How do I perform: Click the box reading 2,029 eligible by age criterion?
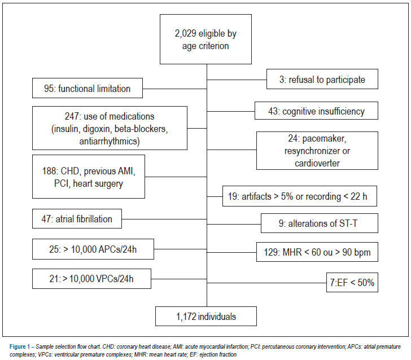[x=205, y=39]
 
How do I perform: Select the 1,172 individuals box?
[x=206, y=317]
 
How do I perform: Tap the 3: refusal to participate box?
[x=322, y=79]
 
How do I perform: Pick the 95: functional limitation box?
[x=88, y=88]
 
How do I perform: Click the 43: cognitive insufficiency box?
[x=316, y=111]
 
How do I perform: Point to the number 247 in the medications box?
[x=71, y=116]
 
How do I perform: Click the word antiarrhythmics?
[x=110, y=141]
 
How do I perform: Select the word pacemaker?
[x=324, y=139]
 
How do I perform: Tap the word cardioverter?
[x=317, y=163]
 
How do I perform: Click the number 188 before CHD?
[x=49, y=171]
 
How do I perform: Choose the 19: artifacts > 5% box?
[x=300, y=196]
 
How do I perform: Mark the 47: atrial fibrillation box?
[x=77, y=219]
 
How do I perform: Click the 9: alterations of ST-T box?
[x=320, y=223]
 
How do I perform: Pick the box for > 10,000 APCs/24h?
[x=93, y=249]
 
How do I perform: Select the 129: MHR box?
[x=317, y=252]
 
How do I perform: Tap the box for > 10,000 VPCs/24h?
[x=91, y=279]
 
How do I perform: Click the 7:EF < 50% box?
[x=352, y=283]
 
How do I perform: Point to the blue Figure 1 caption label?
[x=20, y=346]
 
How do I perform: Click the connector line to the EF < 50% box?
[x=267, y=283]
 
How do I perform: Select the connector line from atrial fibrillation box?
[x=164, y=219]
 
